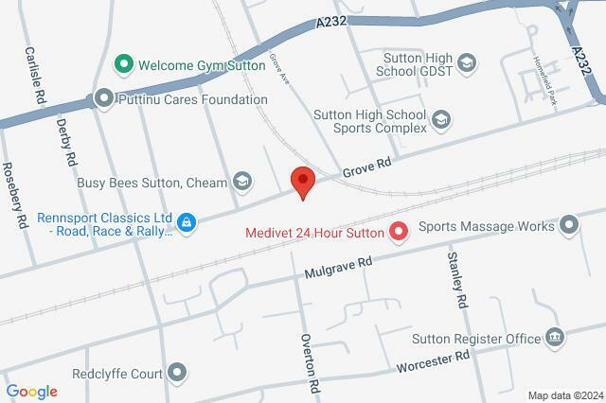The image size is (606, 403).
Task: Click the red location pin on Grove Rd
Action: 301,181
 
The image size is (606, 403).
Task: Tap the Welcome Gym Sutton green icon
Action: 122,65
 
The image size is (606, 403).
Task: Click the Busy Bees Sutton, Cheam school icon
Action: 243,180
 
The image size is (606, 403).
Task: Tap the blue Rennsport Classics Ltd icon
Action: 188,223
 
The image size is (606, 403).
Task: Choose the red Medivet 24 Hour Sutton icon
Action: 399,231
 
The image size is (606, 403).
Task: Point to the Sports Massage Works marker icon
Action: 569,225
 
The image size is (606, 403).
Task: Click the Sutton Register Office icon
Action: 555,337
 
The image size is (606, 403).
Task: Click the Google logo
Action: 31,392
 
